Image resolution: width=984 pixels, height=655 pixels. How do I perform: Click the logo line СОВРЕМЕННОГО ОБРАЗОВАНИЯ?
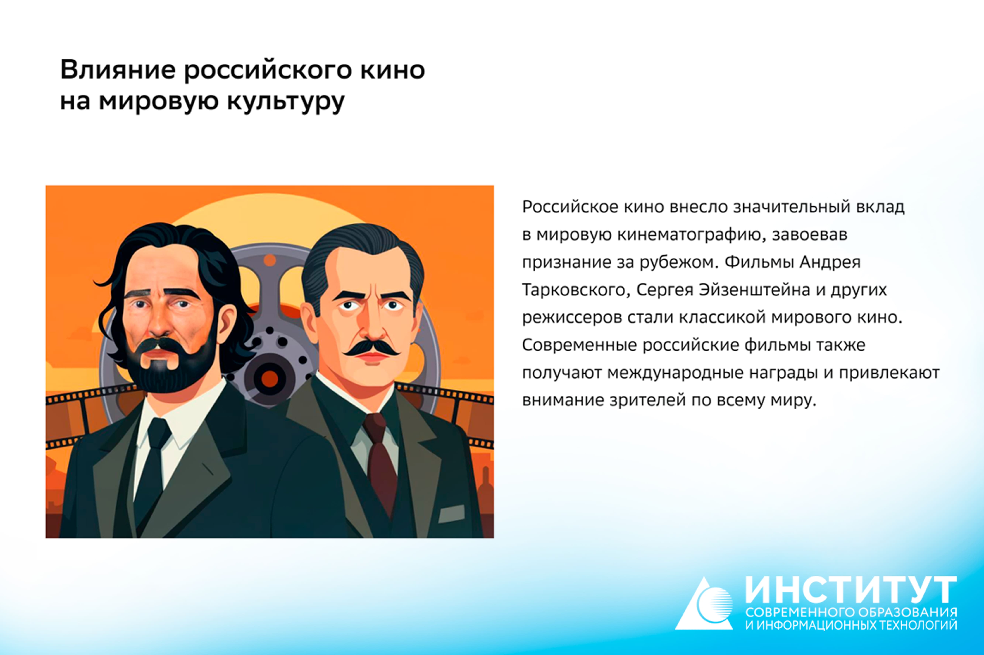[x=851, y=612]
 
